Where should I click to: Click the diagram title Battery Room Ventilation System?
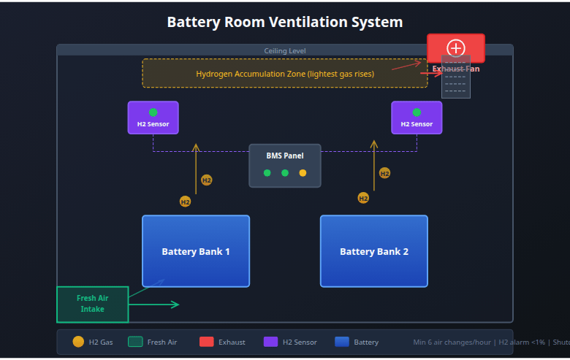(285, 22)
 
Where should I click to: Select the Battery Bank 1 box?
(196, 251)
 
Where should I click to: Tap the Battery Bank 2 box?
(374, 251)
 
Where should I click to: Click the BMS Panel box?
(285, 166)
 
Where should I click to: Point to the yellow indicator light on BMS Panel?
(303, 173)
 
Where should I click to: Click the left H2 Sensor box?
(153, 118)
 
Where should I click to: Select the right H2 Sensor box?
(417, 118)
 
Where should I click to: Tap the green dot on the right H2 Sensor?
(417, 112)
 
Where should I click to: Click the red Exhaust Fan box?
(456, 48)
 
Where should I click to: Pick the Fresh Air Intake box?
(92, 304)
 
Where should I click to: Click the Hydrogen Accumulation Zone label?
(285, 74)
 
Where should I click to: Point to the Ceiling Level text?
(285, 50)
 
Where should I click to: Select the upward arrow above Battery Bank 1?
(196, 168)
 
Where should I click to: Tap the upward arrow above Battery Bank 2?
(374, 165)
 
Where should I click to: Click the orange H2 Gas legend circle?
(78, 342)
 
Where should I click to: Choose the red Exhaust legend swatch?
(206, 342)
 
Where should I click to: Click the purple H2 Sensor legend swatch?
(270, 342)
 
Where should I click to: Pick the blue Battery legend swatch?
(342, 342)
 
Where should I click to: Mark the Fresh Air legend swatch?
(135, 342)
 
